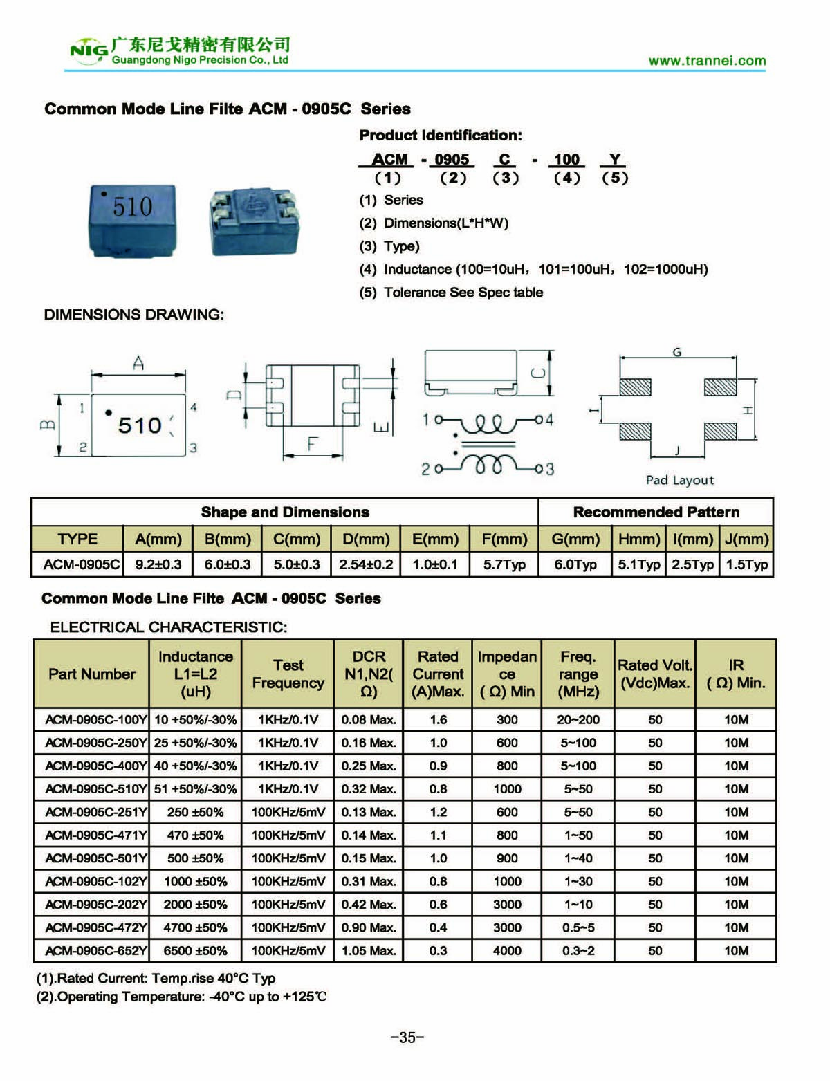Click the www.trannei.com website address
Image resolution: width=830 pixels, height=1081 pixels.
(707, 61)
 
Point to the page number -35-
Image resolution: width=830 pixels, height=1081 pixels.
(407, 1037)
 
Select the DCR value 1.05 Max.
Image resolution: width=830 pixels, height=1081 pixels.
(369, 951)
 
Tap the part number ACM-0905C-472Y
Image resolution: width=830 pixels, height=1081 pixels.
(95, 927)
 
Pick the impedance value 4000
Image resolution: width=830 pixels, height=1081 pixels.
(507, 951)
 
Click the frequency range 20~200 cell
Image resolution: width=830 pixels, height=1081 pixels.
(578, 720)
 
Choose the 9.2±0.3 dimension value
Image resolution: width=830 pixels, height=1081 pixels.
(158, 564)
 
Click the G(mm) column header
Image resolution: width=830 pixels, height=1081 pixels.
(575, 539)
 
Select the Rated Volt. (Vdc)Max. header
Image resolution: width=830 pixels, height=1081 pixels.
(655, 674)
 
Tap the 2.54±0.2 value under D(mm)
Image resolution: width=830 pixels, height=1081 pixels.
(366, 564)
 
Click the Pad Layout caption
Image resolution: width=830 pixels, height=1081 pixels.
(679, 480)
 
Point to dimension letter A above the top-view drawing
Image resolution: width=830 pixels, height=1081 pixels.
(138, 363)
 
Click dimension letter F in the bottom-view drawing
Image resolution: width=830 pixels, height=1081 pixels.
(313, 444)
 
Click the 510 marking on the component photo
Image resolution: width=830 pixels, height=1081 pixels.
(132, 207)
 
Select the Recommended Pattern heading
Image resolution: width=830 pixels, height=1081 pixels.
(656, 512)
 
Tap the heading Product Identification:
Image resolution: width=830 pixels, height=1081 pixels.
(441, 136)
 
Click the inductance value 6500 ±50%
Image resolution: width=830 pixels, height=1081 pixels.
(195, 951)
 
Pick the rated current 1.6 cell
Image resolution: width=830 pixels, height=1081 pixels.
(439, 720)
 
